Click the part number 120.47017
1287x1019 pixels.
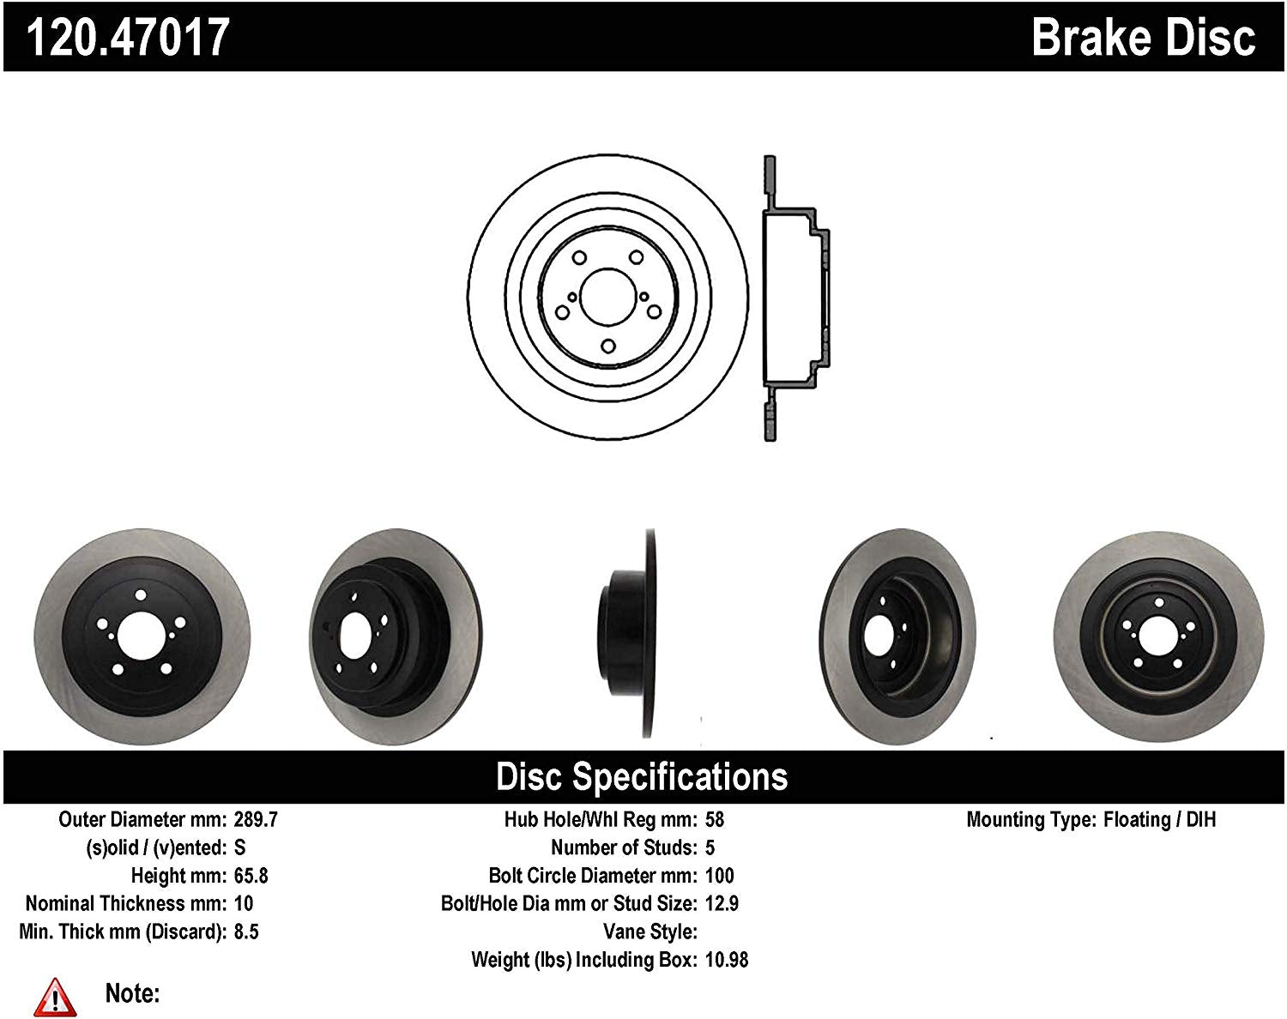(129, 37)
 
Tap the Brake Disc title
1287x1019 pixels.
(1143, 37)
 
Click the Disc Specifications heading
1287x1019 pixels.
(642, 777)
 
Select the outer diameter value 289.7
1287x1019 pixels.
(256, 819)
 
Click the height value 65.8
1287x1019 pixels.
(251, 876)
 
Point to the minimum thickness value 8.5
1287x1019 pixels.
(246, 932)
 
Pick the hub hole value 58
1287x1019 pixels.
(714, 819)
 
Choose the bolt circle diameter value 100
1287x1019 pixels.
(719, 876)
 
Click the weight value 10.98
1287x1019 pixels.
(726, 960)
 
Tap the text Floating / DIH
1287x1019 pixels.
(1159, 819)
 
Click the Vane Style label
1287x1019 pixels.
(650, 932)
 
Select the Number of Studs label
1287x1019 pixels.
(623, 847)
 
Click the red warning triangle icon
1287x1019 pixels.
(55, 996)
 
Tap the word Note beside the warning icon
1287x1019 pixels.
(132, 993)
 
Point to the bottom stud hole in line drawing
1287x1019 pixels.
(607, 346)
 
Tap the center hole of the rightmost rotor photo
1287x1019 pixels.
(1158, 639)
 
